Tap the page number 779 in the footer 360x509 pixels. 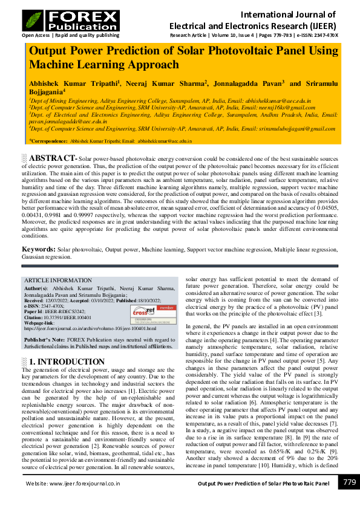[349, 482]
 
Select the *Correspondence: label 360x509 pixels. [50, 141]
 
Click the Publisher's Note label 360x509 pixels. [44, 340]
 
